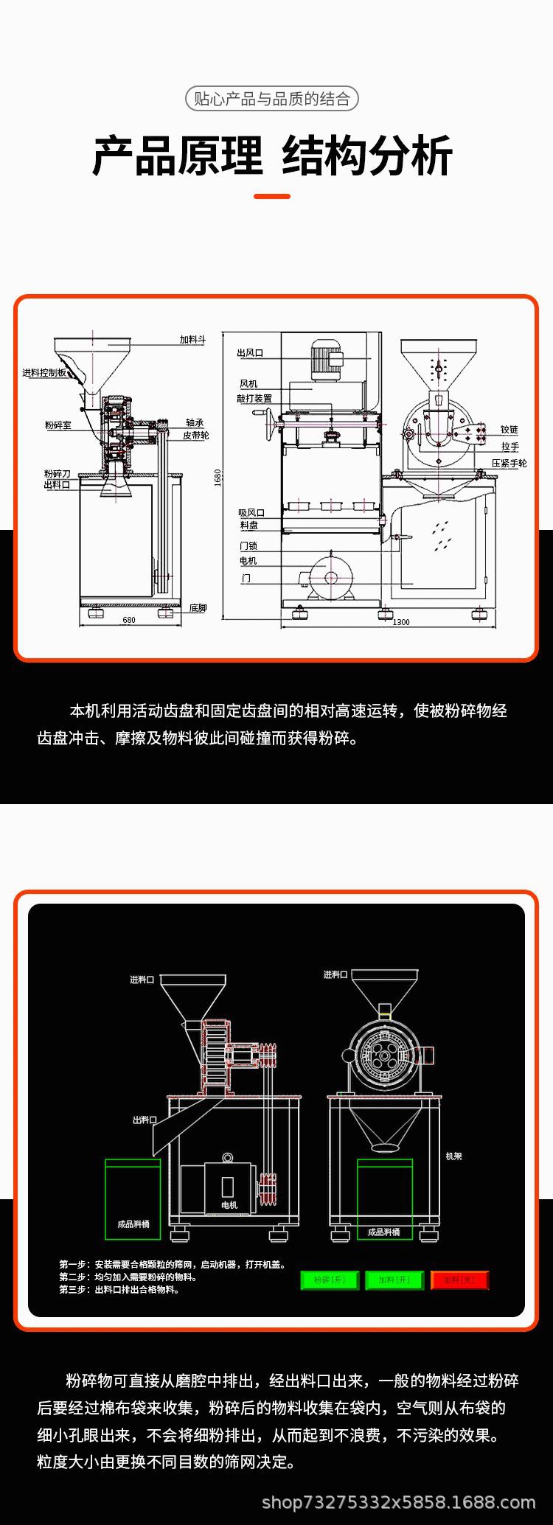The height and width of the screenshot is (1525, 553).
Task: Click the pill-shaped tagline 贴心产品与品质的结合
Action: click(x=271, y=99)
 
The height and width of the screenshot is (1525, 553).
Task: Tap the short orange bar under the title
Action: click(x=271, y=196)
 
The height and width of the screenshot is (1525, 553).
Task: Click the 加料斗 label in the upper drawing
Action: click(x=192, y=340)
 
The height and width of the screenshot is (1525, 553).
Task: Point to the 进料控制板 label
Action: click(x=44, y=373)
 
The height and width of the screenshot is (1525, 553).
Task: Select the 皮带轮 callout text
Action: click(x=196, y=436)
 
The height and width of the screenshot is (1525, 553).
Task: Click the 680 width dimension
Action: click(x=129, y=620)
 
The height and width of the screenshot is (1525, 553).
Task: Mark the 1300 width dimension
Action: click(x=400, y=622)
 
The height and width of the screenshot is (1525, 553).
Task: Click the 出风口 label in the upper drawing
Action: click(x=250, y=353)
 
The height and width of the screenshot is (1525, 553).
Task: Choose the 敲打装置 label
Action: click(x=254, y=398)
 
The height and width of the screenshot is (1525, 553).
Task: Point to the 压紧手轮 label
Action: click(x=509, y=463)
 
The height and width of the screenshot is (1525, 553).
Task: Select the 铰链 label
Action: click(x=509, y=429)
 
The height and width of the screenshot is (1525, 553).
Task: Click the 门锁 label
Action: click(x=248, y=545)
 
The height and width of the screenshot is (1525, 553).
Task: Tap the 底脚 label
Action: click(x=198, y=608)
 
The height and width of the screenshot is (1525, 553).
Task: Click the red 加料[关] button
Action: click(x=459, y=1280)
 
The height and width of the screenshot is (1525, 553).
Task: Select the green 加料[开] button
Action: click(x=394, y=1280)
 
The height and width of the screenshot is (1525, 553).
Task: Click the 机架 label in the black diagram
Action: click(x=453, y=1156)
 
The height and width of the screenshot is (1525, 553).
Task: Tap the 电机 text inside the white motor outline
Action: click(x=229, y=1205)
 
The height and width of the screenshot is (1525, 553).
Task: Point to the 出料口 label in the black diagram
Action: click(x=145, y=1120)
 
